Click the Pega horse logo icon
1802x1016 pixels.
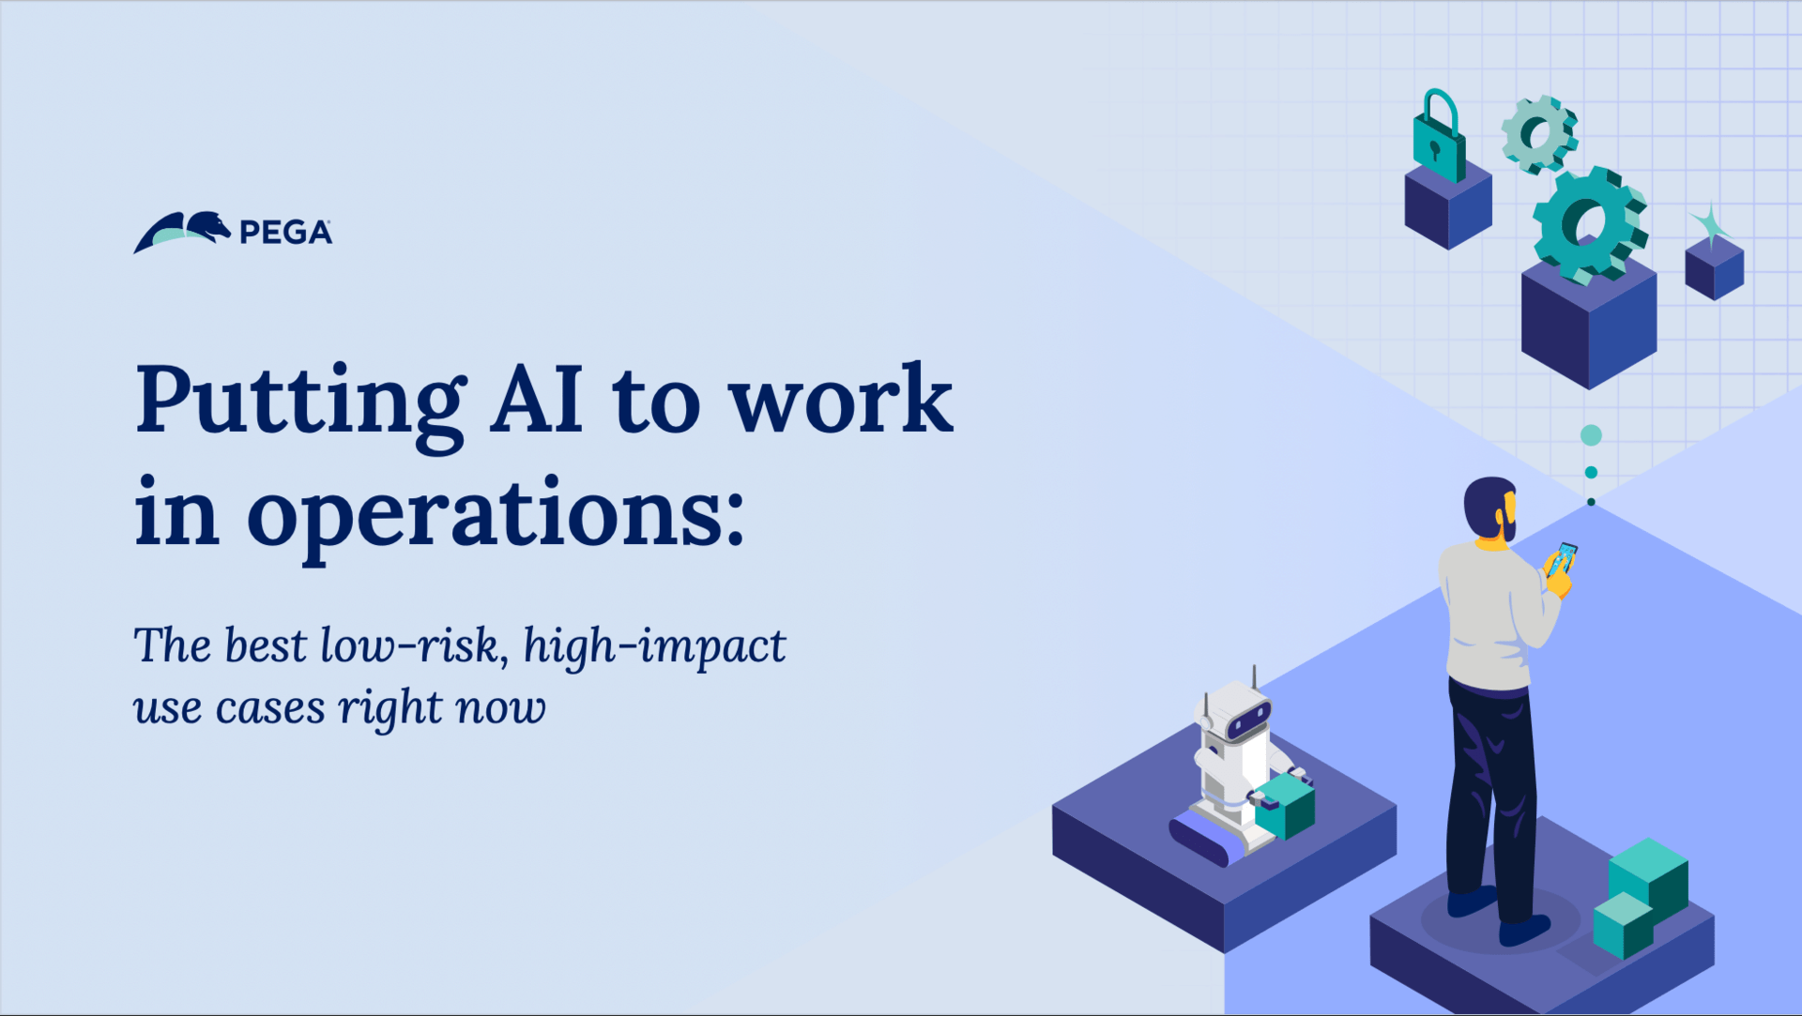(182, 232)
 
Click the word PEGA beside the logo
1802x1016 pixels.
(285, 233)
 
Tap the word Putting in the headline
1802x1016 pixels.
(299, 403)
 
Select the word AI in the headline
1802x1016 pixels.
(537, 398)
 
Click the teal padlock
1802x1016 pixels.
(1438, 136)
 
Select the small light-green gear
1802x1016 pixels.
(1539, 134)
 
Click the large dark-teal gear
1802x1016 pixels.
(1590, 225)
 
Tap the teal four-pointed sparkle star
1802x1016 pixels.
(1711, 226)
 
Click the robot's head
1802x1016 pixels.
(1235, 710)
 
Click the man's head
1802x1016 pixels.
(1490, 508)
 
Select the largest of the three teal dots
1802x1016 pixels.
(1591, 435)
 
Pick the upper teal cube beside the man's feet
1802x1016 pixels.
(1649, 877)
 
